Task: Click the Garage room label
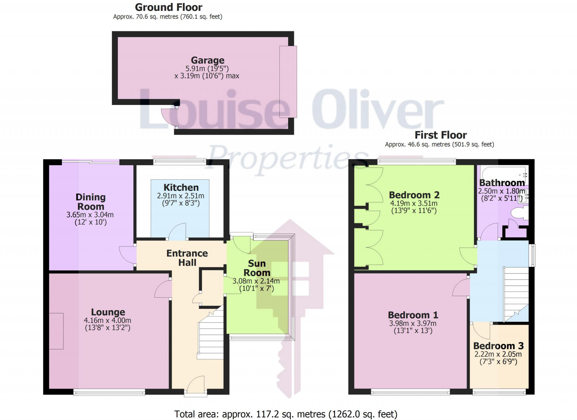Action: [207, 60]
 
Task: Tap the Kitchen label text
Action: [181, 188]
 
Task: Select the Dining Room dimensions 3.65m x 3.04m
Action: [90, 215]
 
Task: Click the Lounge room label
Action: [108, 312]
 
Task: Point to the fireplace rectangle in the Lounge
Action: [56, 331]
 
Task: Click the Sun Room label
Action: [257, 268]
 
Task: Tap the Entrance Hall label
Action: [187, 258]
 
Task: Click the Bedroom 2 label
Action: [414, 195]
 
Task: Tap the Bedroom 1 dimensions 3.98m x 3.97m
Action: [413, 324]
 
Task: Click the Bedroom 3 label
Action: [498, 346]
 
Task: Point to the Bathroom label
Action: [502, 183]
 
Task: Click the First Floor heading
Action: [440, 135]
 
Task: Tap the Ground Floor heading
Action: [168, 7]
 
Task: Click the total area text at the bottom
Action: [286, 414]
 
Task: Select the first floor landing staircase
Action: [516, 292]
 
